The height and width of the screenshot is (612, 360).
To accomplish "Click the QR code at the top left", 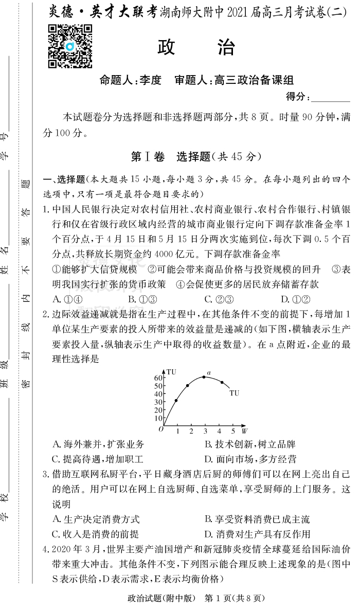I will click(x=70, y=46).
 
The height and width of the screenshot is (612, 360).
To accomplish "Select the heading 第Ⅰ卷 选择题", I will click(x=196, y=156).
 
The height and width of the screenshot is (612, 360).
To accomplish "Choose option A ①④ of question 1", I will click(x=67, y=299).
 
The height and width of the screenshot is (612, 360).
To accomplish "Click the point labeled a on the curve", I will click(x=204, y=377).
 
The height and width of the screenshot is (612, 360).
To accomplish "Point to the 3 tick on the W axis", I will click(x=205, y=431).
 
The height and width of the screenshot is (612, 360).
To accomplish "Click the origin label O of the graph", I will click(x=161, y=428).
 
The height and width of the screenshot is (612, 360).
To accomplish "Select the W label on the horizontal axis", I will click(x=245, y=430).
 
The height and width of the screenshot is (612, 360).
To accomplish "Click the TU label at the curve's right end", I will click(x=234, y=393).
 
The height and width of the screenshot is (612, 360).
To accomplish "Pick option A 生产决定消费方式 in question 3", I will click(x=96, y=519).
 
